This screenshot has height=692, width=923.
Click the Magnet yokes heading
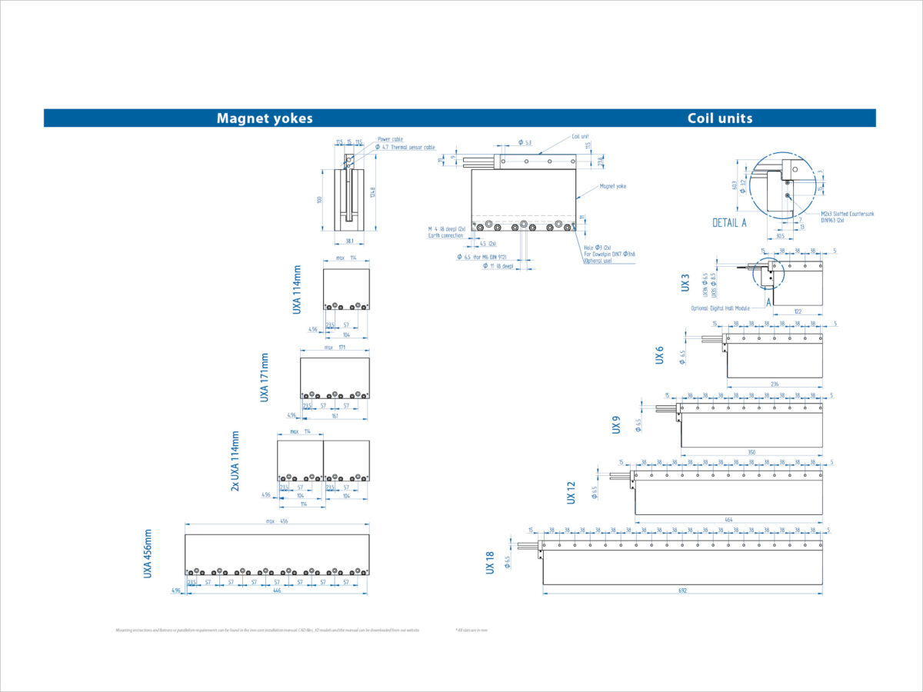265,118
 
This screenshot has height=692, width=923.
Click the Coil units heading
720,118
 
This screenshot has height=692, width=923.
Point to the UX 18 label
490,564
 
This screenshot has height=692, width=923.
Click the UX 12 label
571,492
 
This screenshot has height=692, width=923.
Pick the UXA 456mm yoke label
148,553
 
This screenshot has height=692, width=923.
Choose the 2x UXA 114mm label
235,461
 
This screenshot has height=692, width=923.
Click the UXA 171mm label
265,378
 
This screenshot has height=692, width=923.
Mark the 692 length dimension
682,591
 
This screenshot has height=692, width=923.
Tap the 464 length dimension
728,520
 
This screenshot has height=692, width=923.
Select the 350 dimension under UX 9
751,451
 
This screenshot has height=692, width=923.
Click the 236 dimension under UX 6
774,383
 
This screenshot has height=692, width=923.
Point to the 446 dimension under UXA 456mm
276,591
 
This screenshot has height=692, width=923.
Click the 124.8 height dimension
372,191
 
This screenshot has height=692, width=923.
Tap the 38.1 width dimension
350,240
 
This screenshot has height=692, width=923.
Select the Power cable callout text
390,139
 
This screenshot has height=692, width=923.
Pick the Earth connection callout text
446,235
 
